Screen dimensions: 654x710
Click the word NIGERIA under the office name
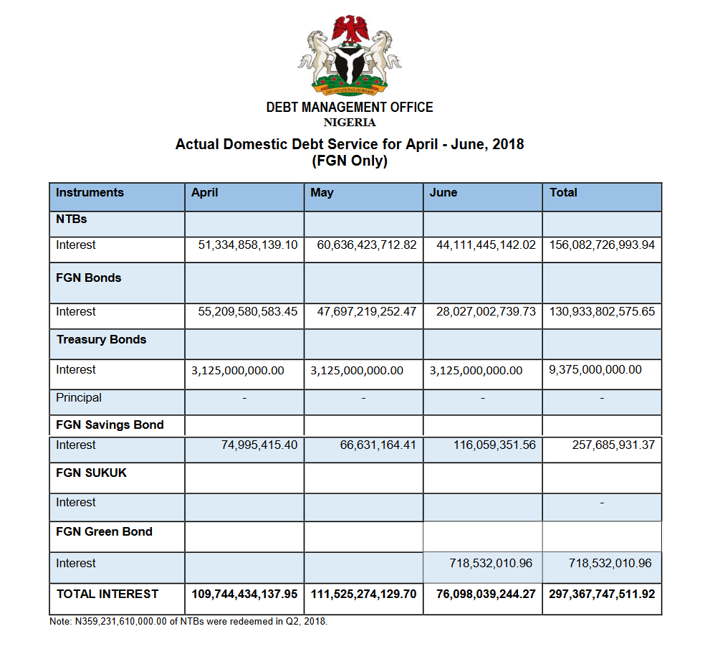pyautogui.click(x=350, y=122)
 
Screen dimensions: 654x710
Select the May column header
pyautogui.click(x=322, y=193)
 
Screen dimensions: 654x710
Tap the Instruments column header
pyautogui.click(x=90, y=192)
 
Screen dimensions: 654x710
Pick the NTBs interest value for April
pyautogui.click(x=248, y=245)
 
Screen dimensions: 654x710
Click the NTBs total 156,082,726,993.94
pyautogui.click(x=602, y=245)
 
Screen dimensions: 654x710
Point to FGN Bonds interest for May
pyautogui.click(x=366, y=312)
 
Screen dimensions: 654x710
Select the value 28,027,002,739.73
pyautogui.click(x=486, y=312)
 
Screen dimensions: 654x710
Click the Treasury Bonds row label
pyautogui.click(x=101, y=340)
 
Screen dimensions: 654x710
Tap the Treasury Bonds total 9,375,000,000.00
pyautogui.click(x=595, y=370)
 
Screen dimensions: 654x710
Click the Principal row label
pyautogui.click(x=79, y=398)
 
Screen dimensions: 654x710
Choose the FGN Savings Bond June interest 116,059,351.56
pyautogui.click(x=494, y=445)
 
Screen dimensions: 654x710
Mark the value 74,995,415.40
pyautogui.click(x=259, y=445)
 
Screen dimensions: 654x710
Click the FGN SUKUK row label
pyautogui.click(x=91, y=473)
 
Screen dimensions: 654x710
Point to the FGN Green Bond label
pyautogui.click(x=104, y=532)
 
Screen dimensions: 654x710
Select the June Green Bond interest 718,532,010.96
pyautogui.click(x=491, y=564)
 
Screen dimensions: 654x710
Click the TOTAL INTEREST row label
pyautogui.click(x=107, y=594)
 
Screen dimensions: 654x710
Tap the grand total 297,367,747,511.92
pyautogui.click(x=602, y=594)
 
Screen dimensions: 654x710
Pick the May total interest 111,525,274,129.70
pyautogui.click(x=364, y=594)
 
